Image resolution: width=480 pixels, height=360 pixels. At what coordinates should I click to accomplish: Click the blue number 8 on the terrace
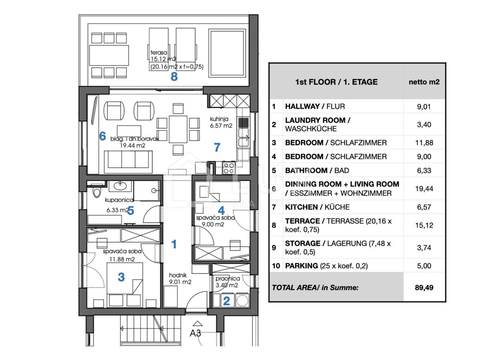[174, 76]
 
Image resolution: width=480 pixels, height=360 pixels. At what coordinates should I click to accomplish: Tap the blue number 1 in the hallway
[174, 244]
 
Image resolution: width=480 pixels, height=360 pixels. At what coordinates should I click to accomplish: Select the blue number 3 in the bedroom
[121, 277]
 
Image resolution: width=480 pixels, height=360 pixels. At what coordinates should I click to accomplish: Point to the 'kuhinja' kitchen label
[219, 119]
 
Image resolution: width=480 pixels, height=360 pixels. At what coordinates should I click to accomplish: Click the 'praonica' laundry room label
[228, 279]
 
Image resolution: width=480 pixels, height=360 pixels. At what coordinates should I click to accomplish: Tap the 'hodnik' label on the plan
[178, 275]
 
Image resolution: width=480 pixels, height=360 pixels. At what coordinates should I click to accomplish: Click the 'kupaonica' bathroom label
[119, 200]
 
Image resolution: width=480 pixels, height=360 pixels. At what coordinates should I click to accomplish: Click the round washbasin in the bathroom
[120, 186]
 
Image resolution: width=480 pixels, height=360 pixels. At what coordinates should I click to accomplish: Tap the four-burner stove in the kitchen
[229, 168]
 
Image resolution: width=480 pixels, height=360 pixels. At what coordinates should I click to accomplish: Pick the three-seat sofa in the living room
[128, 160]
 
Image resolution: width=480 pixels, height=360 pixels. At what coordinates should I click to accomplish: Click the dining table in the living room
[178, 129]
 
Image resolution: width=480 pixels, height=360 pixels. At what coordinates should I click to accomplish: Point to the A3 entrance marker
[195, 333]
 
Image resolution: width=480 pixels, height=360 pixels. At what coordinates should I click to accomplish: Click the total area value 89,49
[424, 288]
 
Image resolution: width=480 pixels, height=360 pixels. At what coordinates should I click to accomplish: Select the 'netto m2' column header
[424, 82]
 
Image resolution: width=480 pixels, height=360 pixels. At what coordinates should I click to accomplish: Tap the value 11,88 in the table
[424, 143]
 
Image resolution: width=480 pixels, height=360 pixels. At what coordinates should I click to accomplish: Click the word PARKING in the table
[301, 266]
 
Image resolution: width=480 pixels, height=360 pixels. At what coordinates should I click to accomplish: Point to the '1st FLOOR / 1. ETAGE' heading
[336, 82]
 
